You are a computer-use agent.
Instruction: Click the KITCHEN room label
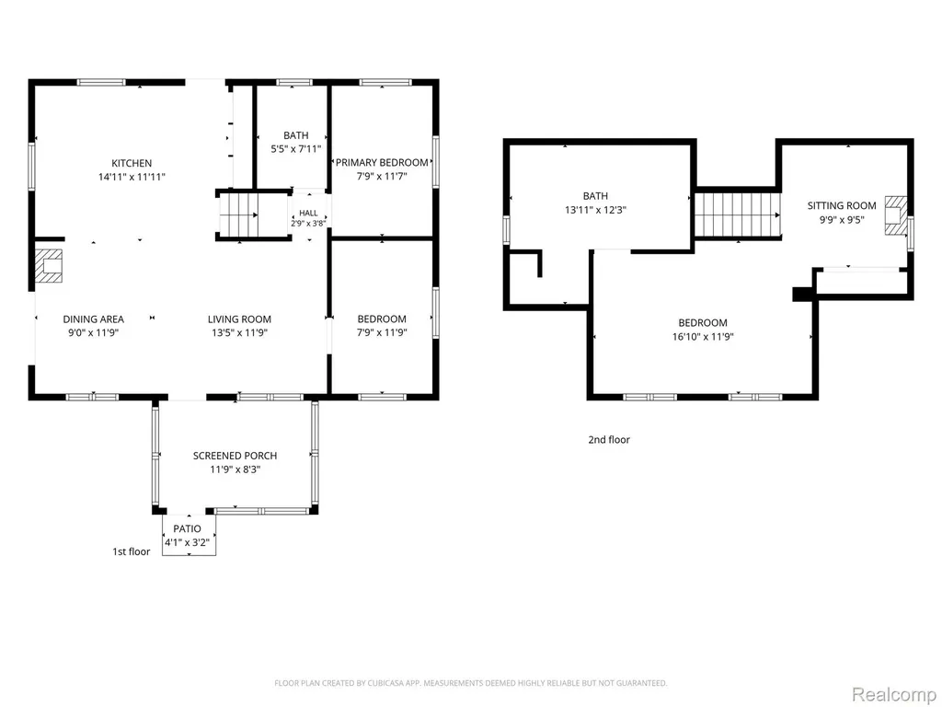pos(132,163)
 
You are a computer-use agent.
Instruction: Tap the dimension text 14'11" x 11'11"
pos(132,177)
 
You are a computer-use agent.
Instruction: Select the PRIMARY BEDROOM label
pos(382,162)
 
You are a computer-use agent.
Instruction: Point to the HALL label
pos(309,213)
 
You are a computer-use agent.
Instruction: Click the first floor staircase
pos(238,215)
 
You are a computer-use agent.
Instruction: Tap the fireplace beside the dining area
pos(48,266)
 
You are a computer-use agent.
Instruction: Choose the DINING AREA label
pos(94,319)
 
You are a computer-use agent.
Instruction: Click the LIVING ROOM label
pos(240,319)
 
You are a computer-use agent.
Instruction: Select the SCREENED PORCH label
pos(235,456)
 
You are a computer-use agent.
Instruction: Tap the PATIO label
pos(188,528)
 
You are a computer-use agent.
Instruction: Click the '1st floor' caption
pos(132,551)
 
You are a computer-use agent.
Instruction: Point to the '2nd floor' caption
pos(609,439)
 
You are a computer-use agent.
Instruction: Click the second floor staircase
pos(738,214)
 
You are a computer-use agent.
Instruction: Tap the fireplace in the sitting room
pos(895,214)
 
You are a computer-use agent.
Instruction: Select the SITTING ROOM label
pos(842,205)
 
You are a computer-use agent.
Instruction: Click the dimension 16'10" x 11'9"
pos(703,337)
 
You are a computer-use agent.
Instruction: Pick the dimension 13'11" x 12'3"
pos(595,210)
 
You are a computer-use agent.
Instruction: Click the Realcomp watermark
pos(893,694)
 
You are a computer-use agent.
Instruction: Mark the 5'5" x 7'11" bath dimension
pos(296,148)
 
